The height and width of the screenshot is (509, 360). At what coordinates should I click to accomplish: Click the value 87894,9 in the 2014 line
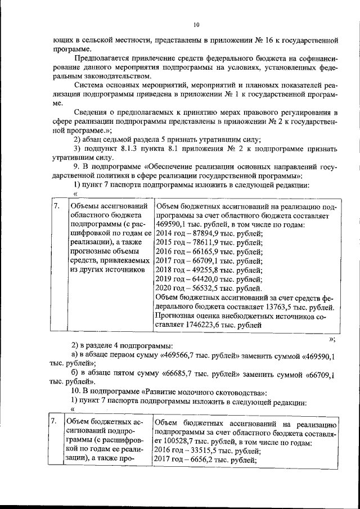[202, 233]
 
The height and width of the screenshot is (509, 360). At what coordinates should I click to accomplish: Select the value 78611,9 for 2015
[202, 243]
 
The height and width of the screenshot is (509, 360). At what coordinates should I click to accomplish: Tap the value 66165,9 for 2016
[202, 253]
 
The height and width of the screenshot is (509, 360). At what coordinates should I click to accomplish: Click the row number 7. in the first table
[56, 206]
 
